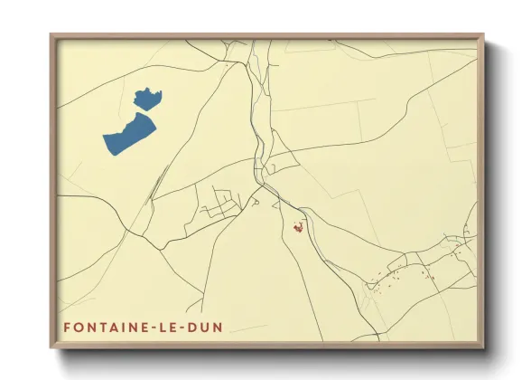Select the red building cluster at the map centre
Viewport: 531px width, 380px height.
[x=296, y=228]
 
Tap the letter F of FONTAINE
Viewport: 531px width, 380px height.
[x=67, y=327]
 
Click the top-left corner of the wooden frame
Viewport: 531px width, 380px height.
[x=51, y=35]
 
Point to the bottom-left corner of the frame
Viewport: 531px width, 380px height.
[x=51, y=348]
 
